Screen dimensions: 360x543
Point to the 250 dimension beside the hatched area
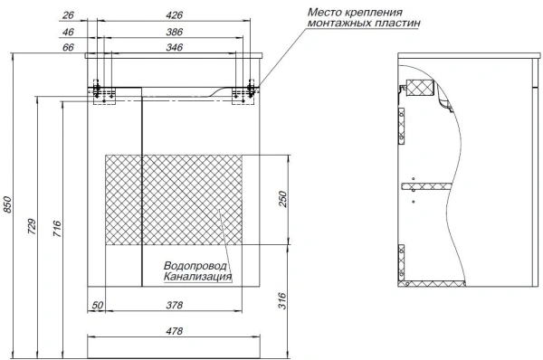(x=282, y=200)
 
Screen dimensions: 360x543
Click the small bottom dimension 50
(x=98, y=306)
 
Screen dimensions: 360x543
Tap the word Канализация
(x=197, y=277)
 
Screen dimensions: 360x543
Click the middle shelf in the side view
(x=425, y=186)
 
